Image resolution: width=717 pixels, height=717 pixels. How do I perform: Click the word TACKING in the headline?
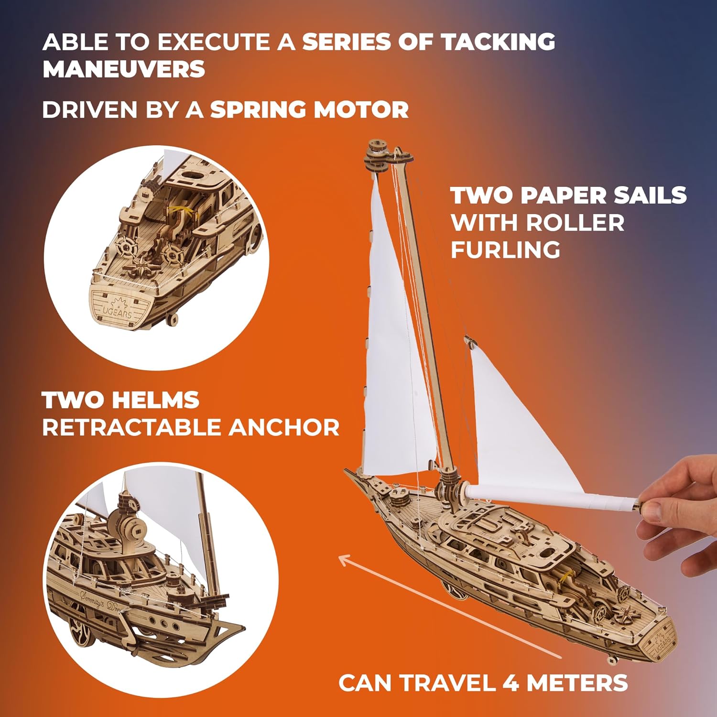tap(498, 42)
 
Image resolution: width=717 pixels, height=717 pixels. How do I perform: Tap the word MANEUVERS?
tap(124, 69)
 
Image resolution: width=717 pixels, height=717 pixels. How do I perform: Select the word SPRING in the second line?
tap(258, 110)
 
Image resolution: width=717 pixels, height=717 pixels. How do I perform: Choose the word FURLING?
tap(505, 250)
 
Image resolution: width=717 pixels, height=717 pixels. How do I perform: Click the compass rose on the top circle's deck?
tap(143, 264)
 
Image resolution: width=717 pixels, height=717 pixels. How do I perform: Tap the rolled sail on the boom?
tap(550, 498)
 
